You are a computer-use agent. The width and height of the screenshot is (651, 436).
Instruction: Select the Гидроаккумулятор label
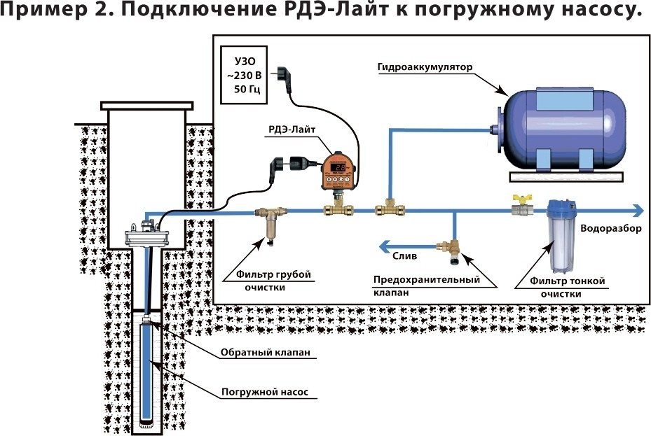pos(425,67)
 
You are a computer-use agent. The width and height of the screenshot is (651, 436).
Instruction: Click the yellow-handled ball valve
pos(519,206)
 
